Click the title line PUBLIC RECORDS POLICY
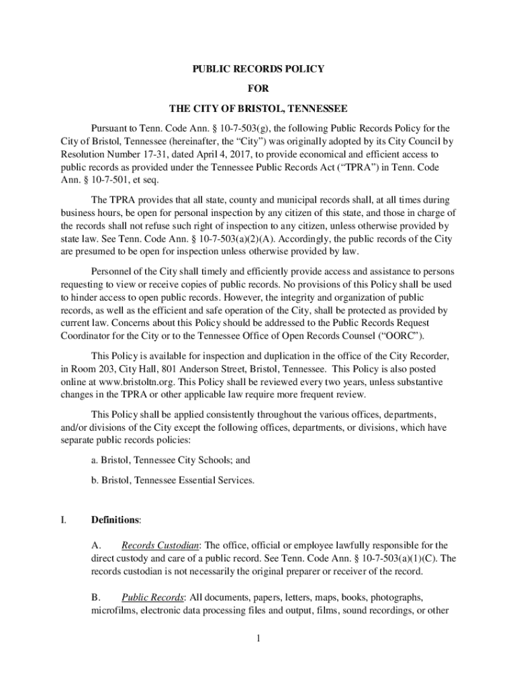pyautogui.click(x=258, y=68)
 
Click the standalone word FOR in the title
pyautogui.click(x=258, y=88)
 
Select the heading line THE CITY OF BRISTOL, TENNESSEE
pyautogui.click(x=258, y=108)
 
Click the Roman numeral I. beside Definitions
pyautogui.click(x=62, y=520)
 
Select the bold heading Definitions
pyautogui.click(x=115, y=520)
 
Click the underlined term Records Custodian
pyautogui.click(x=160, y=545)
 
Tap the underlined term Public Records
pyautogui.click(x=152, y=597)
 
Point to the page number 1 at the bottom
pyautogui.click(x=258, y=637)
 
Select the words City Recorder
pyautogui.click(x=411, y=356)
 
